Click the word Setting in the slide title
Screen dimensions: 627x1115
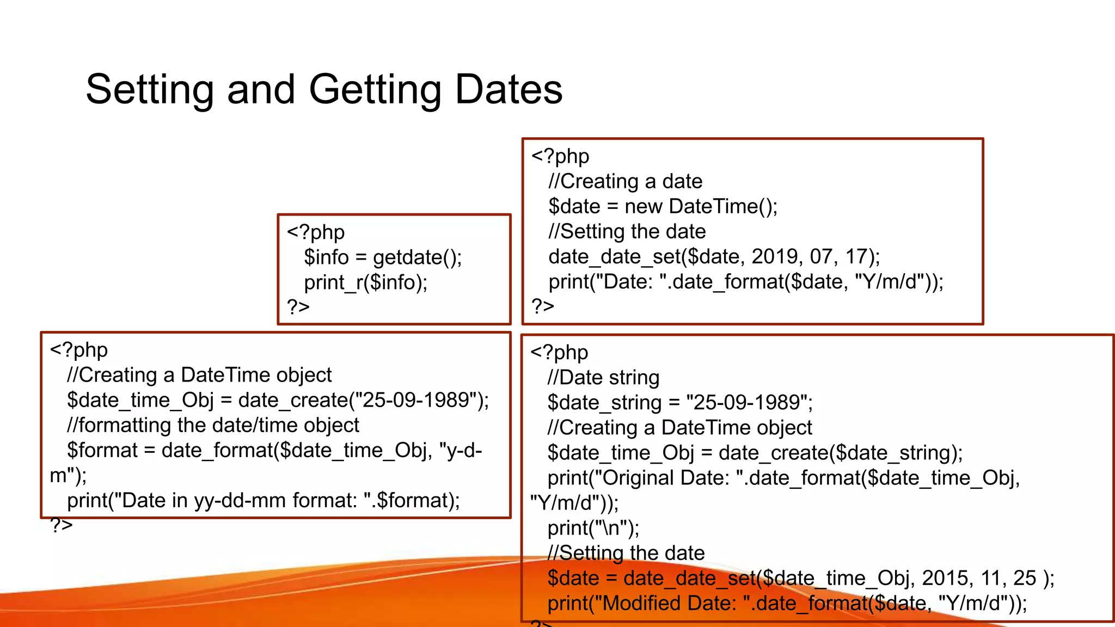click(x=150, y=90)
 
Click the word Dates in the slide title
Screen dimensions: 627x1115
click(x=509, y=90)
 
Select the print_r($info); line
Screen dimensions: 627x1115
click(x=366, y=282)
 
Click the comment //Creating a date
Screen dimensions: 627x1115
click(x=626, y=181)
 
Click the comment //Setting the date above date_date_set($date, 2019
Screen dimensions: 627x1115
click(x=627, y=231)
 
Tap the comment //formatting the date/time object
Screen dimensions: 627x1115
click(x=213, y=425)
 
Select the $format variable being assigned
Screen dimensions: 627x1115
click(x=102, y=451)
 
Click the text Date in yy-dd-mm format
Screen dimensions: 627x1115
click(x=238, y=501)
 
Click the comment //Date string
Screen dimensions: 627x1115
click(x=603, y=378)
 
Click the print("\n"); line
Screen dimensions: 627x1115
click(x=593, y=528)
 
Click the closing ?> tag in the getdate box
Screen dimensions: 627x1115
click(x=298, y=307)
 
